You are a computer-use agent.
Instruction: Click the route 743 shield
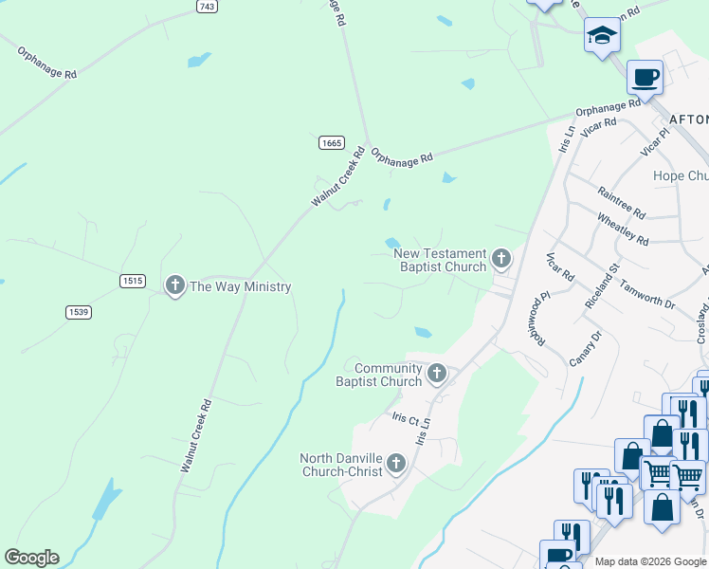click(x=209, y=6)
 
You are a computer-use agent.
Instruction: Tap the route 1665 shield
click(x=331, y=142)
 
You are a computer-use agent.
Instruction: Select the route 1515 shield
click(x=133, y=281)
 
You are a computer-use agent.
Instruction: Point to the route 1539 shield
click(x=79, y=312)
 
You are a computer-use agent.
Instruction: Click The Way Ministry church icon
click(x=174, y=284)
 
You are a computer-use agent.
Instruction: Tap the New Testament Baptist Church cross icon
click(x=501, y=257)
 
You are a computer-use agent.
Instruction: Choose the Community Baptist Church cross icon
click(x=436, y=373)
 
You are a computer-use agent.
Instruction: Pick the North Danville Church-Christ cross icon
click(x=395, y=463)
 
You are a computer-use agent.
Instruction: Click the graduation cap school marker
click(x=601, y=36)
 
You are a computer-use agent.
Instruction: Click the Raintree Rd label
click(x=622, y=202)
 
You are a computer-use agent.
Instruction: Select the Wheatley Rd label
click(x=623, y=228)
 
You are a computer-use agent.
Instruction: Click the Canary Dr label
click(x=586, y=349)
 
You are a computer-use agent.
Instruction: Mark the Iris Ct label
click(x=405, y=417)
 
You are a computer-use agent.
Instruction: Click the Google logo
click(x=31, y=558)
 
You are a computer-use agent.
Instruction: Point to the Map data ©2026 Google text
click(x=651, y=561)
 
